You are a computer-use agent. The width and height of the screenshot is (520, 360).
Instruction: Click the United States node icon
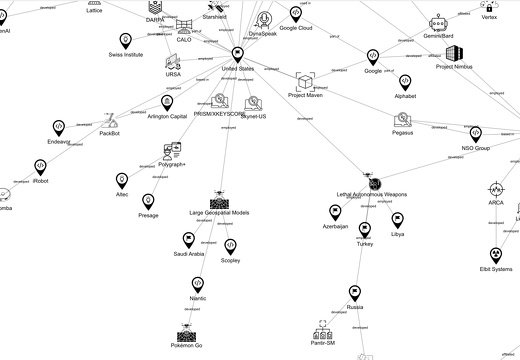pos(237,54)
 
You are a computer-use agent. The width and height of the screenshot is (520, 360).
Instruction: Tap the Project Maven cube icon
pos(305,80)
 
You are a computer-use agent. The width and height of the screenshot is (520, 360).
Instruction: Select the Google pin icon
pos(373,57)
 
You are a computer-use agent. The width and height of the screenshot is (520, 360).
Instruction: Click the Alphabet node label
pos(406,96)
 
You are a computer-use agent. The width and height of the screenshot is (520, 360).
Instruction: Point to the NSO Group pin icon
pos(475,134)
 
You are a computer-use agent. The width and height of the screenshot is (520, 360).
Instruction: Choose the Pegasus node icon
pos(403,119)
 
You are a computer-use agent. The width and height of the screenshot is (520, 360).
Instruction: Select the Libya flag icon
pos(397,218)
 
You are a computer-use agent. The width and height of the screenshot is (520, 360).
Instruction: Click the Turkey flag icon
pos(364,230)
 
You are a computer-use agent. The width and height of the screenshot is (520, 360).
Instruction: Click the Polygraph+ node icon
pos(170,150)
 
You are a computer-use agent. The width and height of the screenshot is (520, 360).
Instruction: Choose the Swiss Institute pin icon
pos(125,40)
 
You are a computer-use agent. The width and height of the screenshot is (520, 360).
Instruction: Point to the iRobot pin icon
pos(41,166)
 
